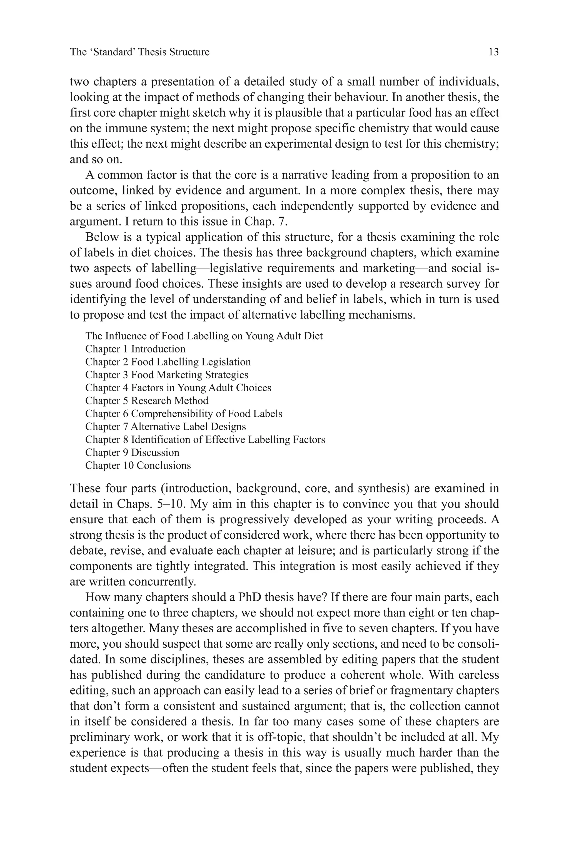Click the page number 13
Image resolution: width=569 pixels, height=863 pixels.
(493, 52)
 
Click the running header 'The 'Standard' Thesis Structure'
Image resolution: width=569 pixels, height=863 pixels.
(140, 52)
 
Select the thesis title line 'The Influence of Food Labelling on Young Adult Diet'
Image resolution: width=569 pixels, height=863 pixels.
(204, 336)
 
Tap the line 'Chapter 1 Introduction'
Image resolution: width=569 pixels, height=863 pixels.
(135, 349)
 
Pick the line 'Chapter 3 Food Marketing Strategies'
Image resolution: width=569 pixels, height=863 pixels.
(167, 375)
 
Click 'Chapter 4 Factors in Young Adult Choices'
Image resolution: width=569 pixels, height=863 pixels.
(178, 388)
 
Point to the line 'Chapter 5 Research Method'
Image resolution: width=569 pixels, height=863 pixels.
(147, 401)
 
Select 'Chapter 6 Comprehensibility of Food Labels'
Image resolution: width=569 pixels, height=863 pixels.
(184, 414)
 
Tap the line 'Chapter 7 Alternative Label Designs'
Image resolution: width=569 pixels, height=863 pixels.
(166, 427)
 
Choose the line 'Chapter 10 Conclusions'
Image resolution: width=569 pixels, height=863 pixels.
(138, 466)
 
